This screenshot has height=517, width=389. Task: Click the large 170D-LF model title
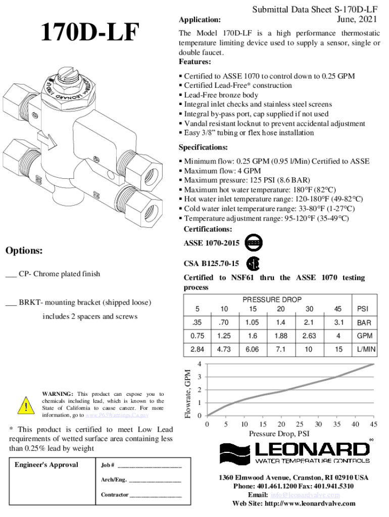click(x=89, y=33)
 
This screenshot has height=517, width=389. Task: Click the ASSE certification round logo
click(x=253, y=243)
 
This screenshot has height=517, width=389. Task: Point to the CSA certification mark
click(x=253, y=264)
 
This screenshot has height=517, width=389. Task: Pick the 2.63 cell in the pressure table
click(x=309, y=336)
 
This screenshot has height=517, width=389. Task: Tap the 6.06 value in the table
click(x=252, y=349)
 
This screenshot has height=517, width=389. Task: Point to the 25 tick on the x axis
click(x=300, y=424)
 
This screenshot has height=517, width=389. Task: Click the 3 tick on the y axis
click(x=200, y=377)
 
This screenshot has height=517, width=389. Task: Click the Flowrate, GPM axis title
click(x=188, y=394)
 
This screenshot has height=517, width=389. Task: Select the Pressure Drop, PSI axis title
click(x=279, y=434)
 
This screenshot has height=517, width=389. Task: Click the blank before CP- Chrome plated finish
click(x=11, y=275)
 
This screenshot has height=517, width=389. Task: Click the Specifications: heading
click(x=203, y=147)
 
